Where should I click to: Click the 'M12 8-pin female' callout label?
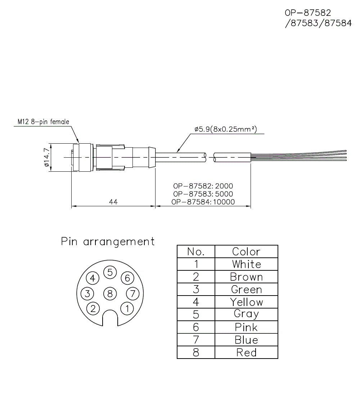click(43, 122)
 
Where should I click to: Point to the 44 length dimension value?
click(113, 202)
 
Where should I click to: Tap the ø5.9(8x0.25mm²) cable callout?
click(225, 129)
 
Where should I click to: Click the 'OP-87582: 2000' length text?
click(203, 186)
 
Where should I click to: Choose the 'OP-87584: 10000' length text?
click(203, 202)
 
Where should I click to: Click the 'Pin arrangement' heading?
click(108, 241)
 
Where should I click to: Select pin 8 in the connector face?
click(110, 293)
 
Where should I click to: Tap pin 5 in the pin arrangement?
click(110, 273)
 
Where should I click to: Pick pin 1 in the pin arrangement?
click(127, 308)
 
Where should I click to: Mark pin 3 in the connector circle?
click(87, 293)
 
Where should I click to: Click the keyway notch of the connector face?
click(110, 319)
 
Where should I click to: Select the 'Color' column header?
click(246, 251)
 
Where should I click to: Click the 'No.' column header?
click(196, 251)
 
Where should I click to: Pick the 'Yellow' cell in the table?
click(246, 302)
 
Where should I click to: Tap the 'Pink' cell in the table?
click(246, 327)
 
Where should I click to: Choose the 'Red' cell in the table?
click(246, 352)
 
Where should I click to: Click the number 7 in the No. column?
click(196, 340)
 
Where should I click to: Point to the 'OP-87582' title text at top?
click(308, 13)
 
